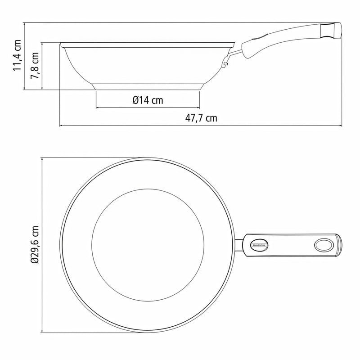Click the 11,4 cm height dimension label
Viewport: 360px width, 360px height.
[18, 55]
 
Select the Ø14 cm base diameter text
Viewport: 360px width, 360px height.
[148, 100]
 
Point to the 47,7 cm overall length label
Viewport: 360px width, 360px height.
[201, 118]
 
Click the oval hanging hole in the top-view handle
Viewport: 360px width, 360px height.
[323, 245]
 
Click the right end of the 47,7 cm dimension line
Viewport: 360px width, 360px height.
[340, 126]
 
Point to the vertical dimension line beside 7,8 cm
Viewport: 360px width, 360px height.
[42, 66]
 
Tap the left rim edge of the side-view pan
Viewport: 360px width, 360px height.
[61, 44]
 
